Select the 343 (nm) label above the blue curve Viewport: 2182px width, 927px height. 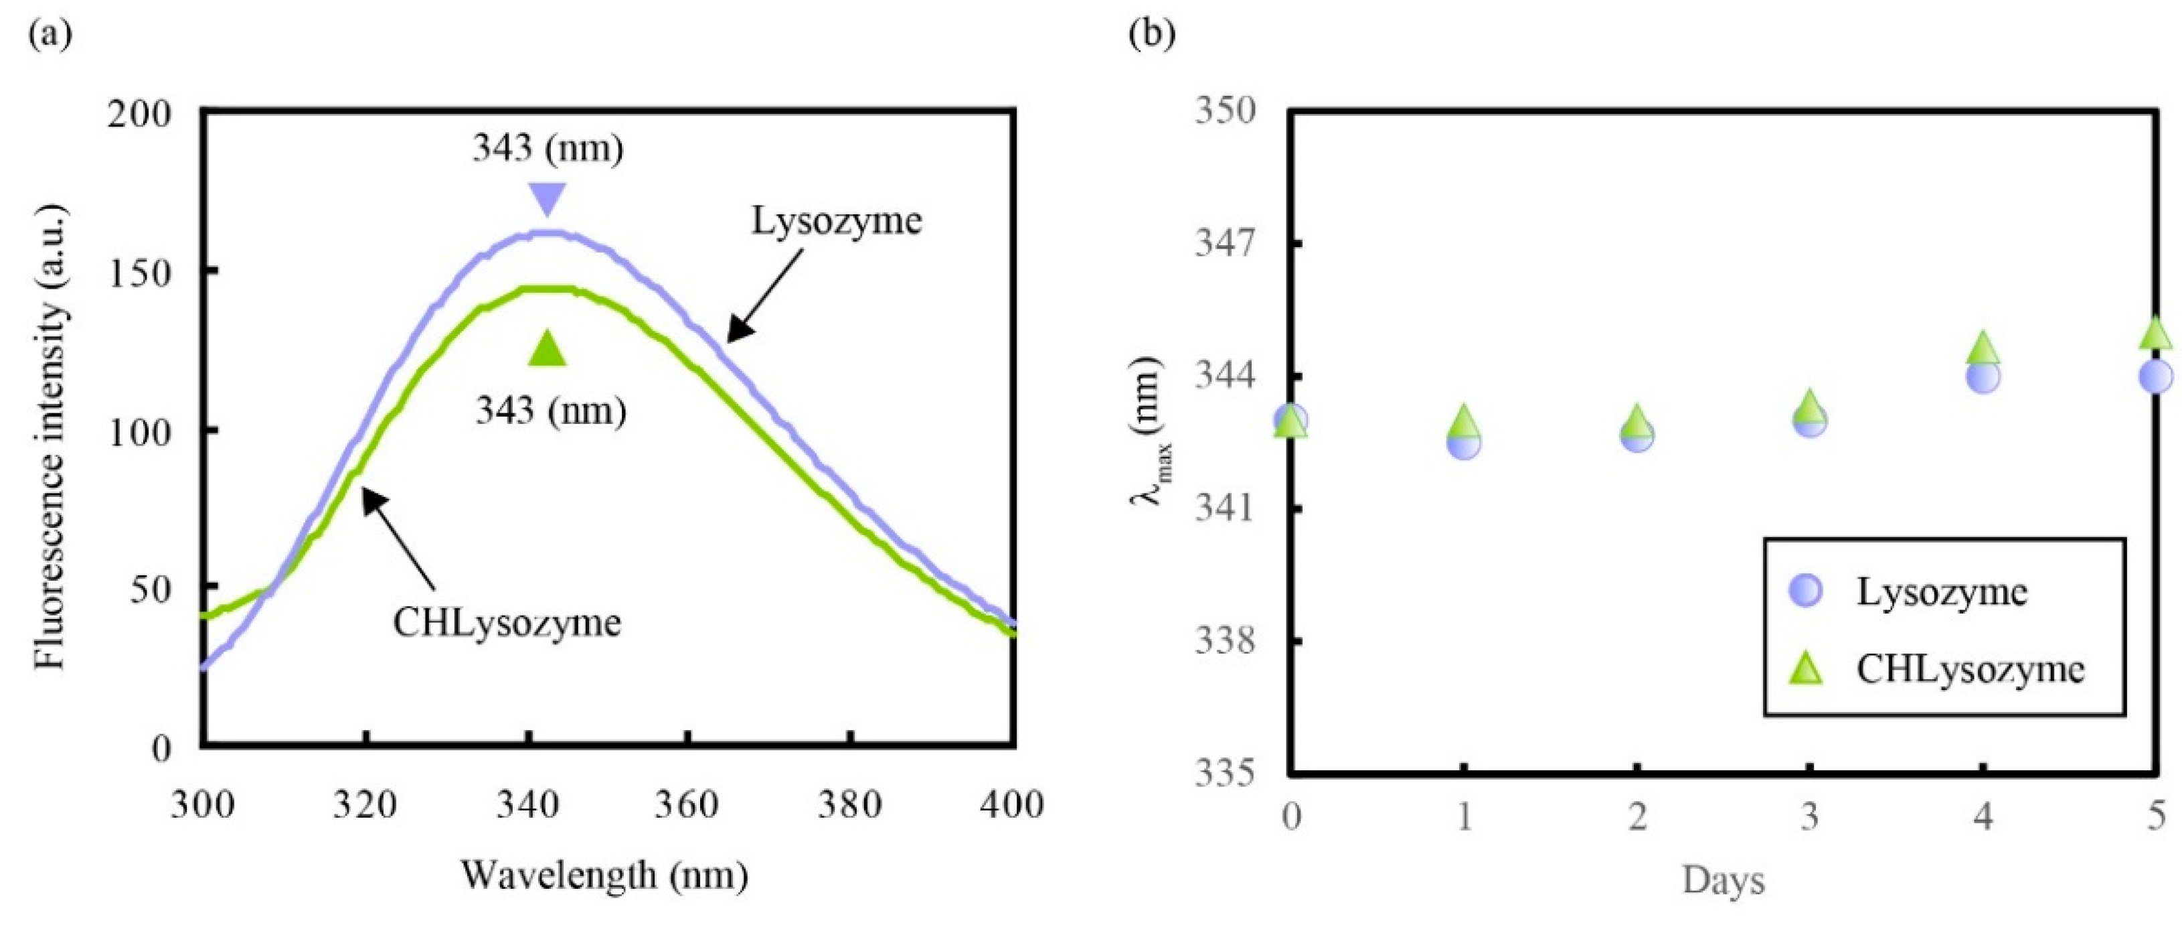point(548,148)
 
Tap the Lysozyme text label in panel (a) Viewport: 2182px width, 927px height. point(837,221)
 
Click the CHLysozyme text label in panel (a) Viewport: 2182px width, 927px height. point(507,623)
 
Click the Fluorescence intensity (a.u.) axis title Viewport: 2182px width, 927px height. point(51,437)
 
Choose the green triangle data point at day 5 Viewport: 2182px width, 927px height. point(2156,334)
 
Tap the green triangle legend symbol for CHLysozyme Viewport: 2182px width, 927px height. point(1805,668)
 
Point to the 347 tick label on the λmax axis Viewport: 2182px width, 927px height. point(1225,244)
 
